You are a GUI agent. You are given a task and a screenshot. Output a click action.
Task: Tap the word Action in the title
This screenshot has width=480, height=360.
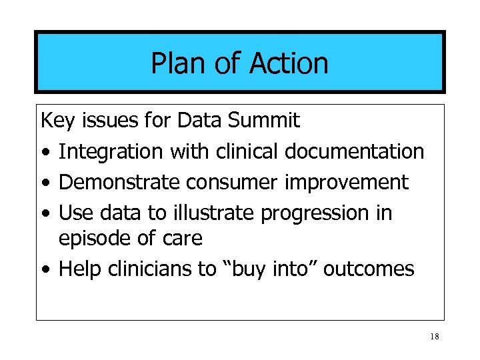coord(289,64)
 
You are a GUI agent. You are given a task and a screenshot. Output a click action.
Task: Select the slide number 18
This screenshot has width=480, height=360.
coord(435,337)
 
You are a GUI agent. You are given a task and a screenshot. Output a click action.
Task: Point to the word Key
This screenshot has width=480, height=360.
coord(57,121)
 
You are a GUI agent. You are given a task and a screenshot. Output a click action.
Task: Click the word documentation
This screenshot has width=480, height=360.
coord(355,151)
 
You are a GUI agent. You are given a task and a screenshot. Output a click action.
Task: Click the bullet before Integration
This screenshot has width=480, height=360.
coord(44,153)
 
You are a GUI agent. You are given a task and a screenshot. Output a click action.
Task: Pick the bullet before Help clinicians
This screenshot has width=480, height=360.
coord(44,270)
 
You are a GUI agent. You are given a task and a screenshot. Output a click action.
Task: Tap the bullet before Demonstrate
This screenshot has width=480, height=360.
coord(44,183)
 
